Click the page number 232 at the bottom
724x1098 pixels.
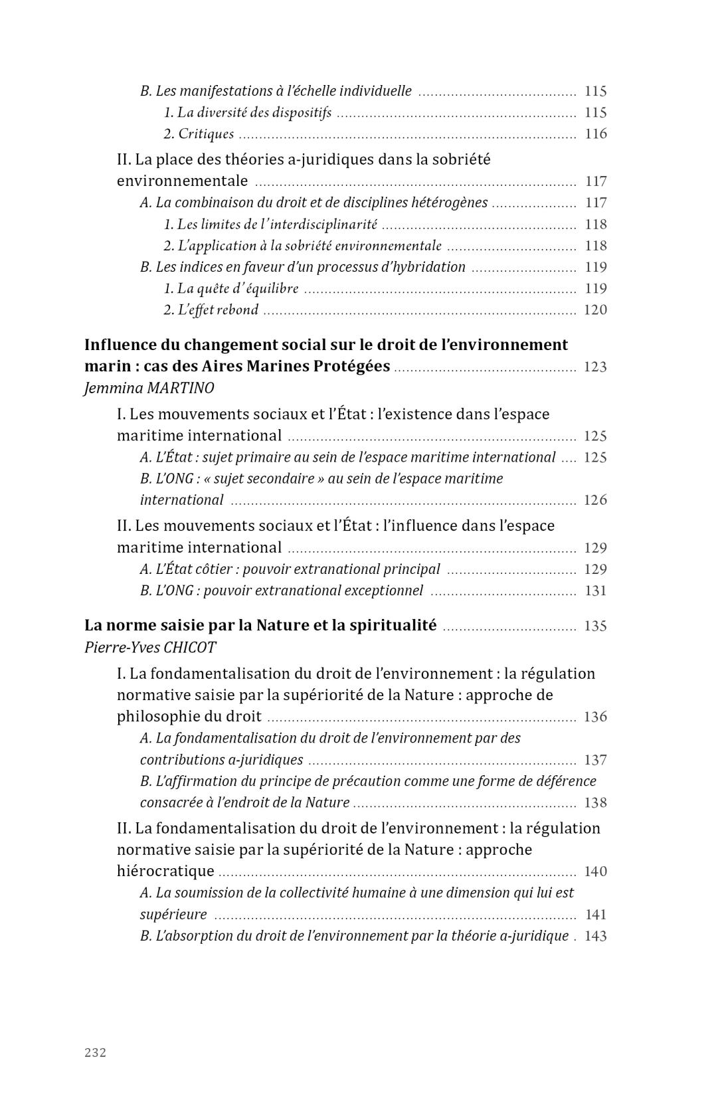pyautogui.click(x=96, y=1052)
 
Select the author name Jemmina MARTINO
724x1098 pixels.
pyautogui.click(x=149, y=388)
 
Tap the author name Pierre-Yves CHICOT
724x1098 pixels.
pyautogui.click(x=150, y=648)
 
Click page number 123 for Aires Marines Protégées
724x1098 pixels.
pyautogui.click(x=595, y=367)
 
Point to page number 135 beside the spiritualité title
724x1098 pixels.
pyautogui.click(x=595, y=626)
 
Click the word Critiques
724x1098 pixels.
pyautogui.click(x=206, y=134)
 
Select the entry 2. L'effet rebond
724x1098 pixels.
pyautogui.click(x=211, y=310)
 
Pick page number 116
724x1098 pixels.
pyautogui.click(x=596, y=134)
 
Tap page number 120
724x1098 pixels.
pyautogui.click(x=595, y=310)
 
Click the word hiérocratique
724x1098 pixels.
pyautogui.click(x=165, y=871)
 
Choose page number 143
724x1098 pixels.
pyautogui.click(x=595, y=937)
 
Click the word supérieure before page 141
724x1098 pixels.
pyautogui.click(x=173, y=915)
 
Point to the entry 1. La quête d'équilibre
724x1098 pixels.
pyautogui.click(x=231, y=289)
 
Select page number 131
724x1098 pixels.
pyautogui.click(x=596, y=591)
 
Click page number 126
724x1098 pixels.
pyautogui.click(x=595, y=500)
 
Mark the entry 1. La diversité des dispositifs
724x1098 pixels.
pyautogui.click(x=248, y=113)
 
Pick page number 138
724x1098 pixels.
pyautogui.click(x=595, y=803)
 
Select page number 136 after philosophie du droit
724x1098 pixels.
pyautogui.click(x=595, y=717)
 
